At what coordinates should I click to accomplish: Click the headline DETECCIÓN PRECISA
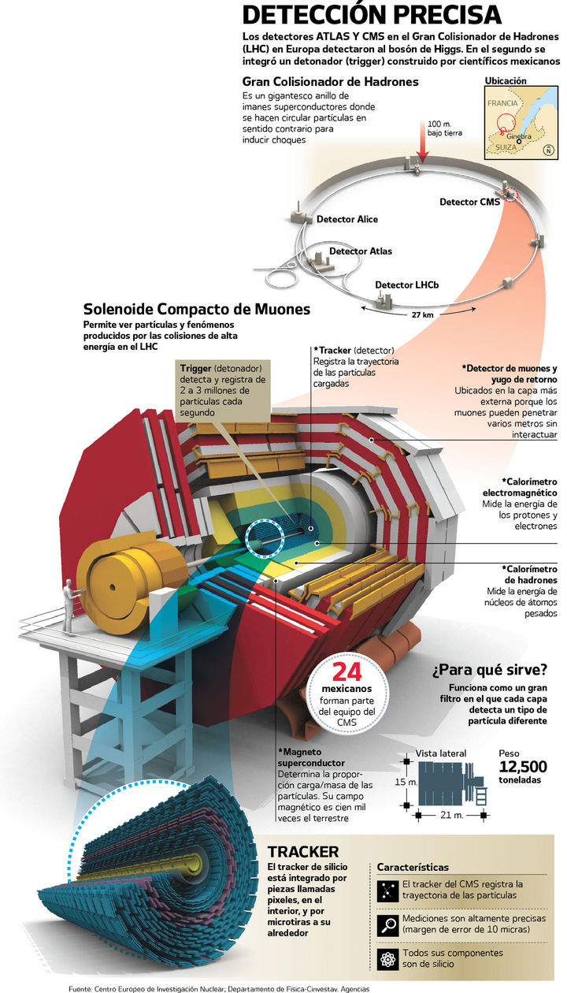tap(371, 15)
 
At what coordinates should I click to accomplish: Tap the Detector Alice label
tap(346, 219)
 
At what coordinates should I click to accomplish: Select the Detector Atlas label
tap(360, 251)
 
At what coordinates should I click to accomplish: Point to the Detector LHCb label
tap(406, 285)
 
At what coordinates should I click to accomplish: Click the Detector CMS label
tap(469, 203)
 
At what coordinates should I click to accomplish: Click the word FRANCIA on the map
tap(502, 103)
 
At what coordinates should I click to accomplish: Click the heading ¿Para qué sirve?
tap(488, 671)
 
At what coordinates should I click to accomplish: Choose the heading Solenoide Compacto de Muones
tap(197, 309)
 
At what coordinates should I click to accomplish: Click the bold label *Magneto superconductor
tap(310, 757)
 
